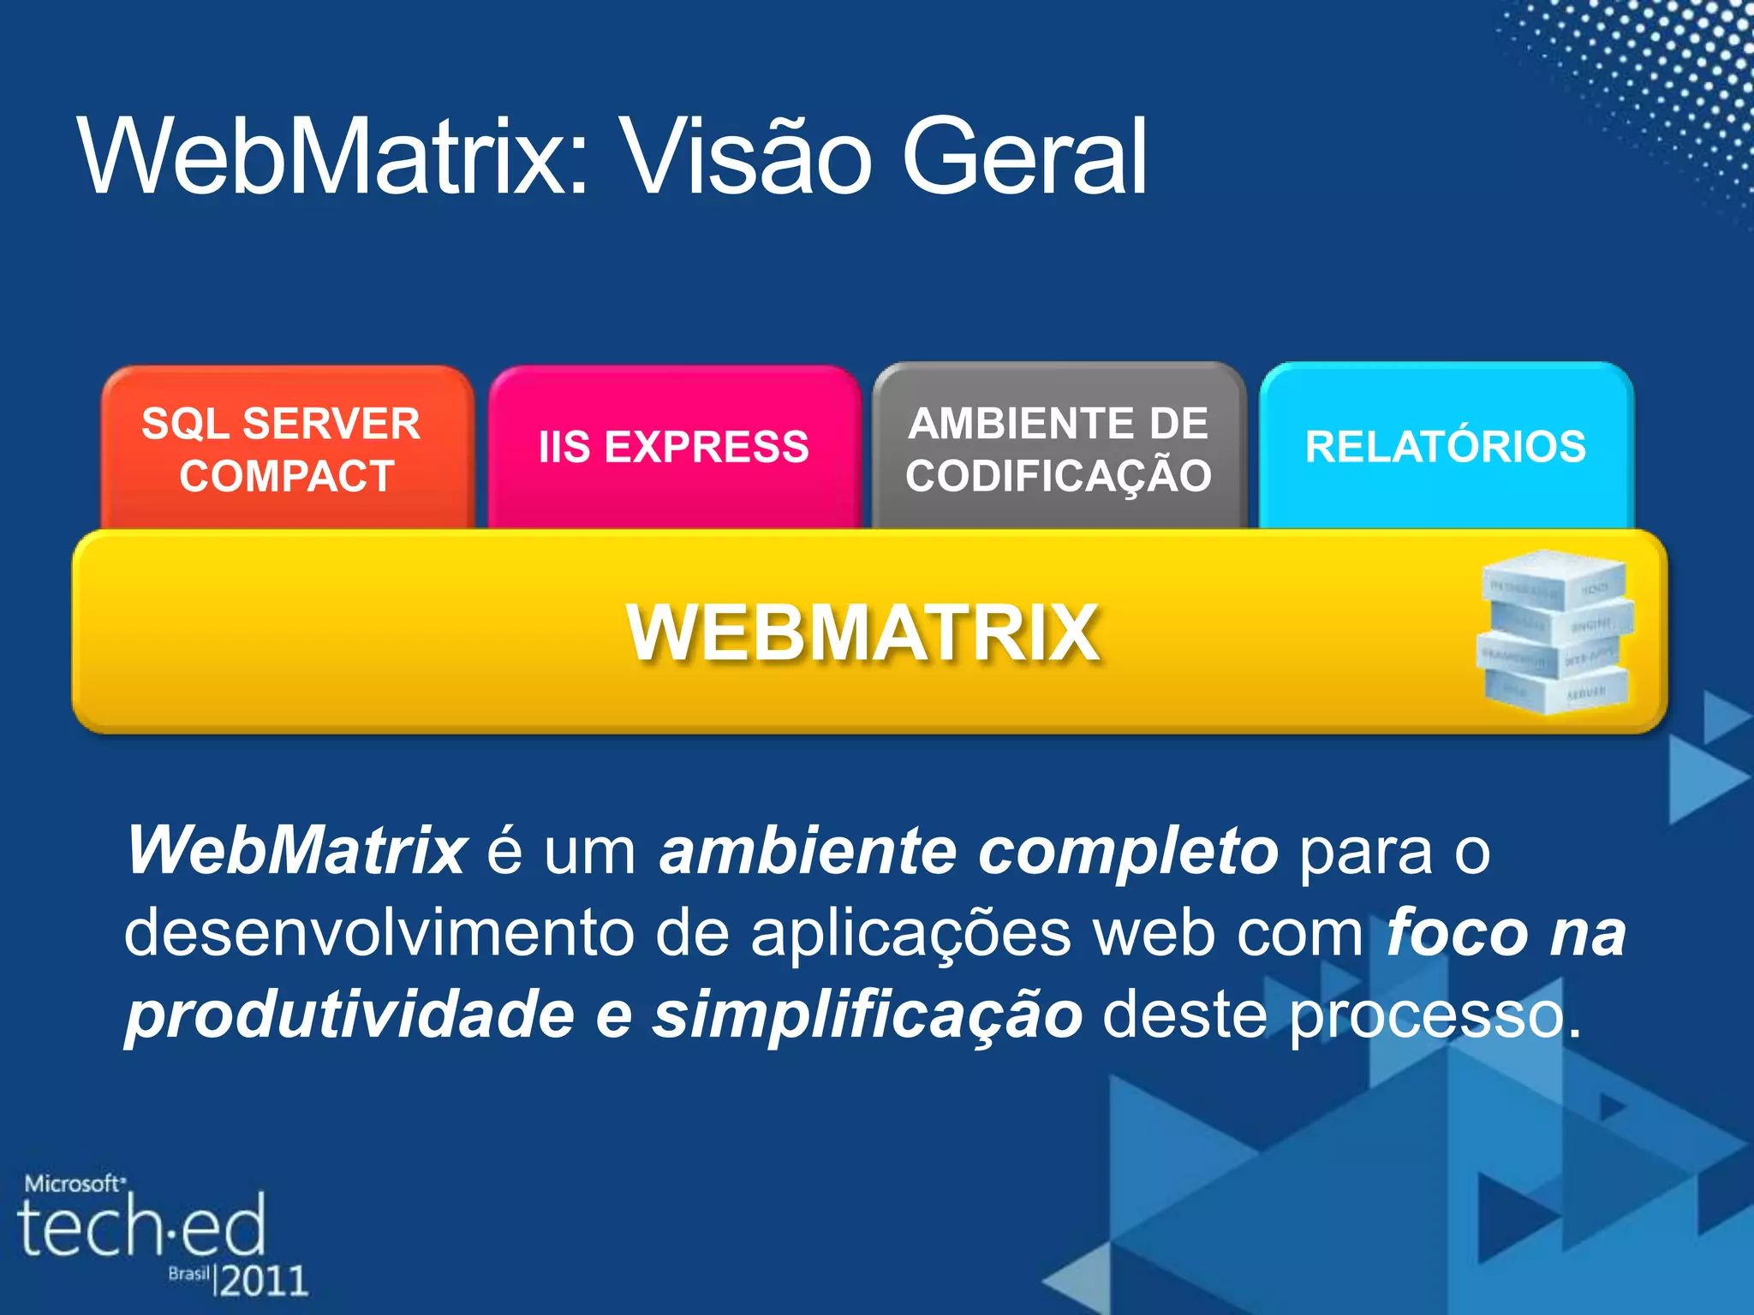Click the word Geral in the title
[x=1024, y=158]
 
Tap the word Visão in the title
[x=744, y=158]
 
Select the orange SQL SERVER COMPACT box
[x=286, y=449]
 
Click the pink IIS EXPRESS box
[x=674, y=447]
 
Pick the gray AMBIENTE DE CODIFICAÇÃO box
[x=1059, y=449]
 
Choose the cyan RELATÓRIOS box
[x=1446, y=447]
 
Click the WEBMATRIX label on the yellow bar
[x=863, y=634]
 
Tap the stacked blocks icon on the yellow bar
[x=1554, y=632]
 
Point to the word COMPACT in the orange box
[x=287, y=476]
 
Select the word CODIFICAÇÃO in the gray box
[x=1059, y=476]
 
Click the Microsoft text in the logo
[x=74, y=1184]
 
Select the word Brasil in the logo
[x=188, y=1273]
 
